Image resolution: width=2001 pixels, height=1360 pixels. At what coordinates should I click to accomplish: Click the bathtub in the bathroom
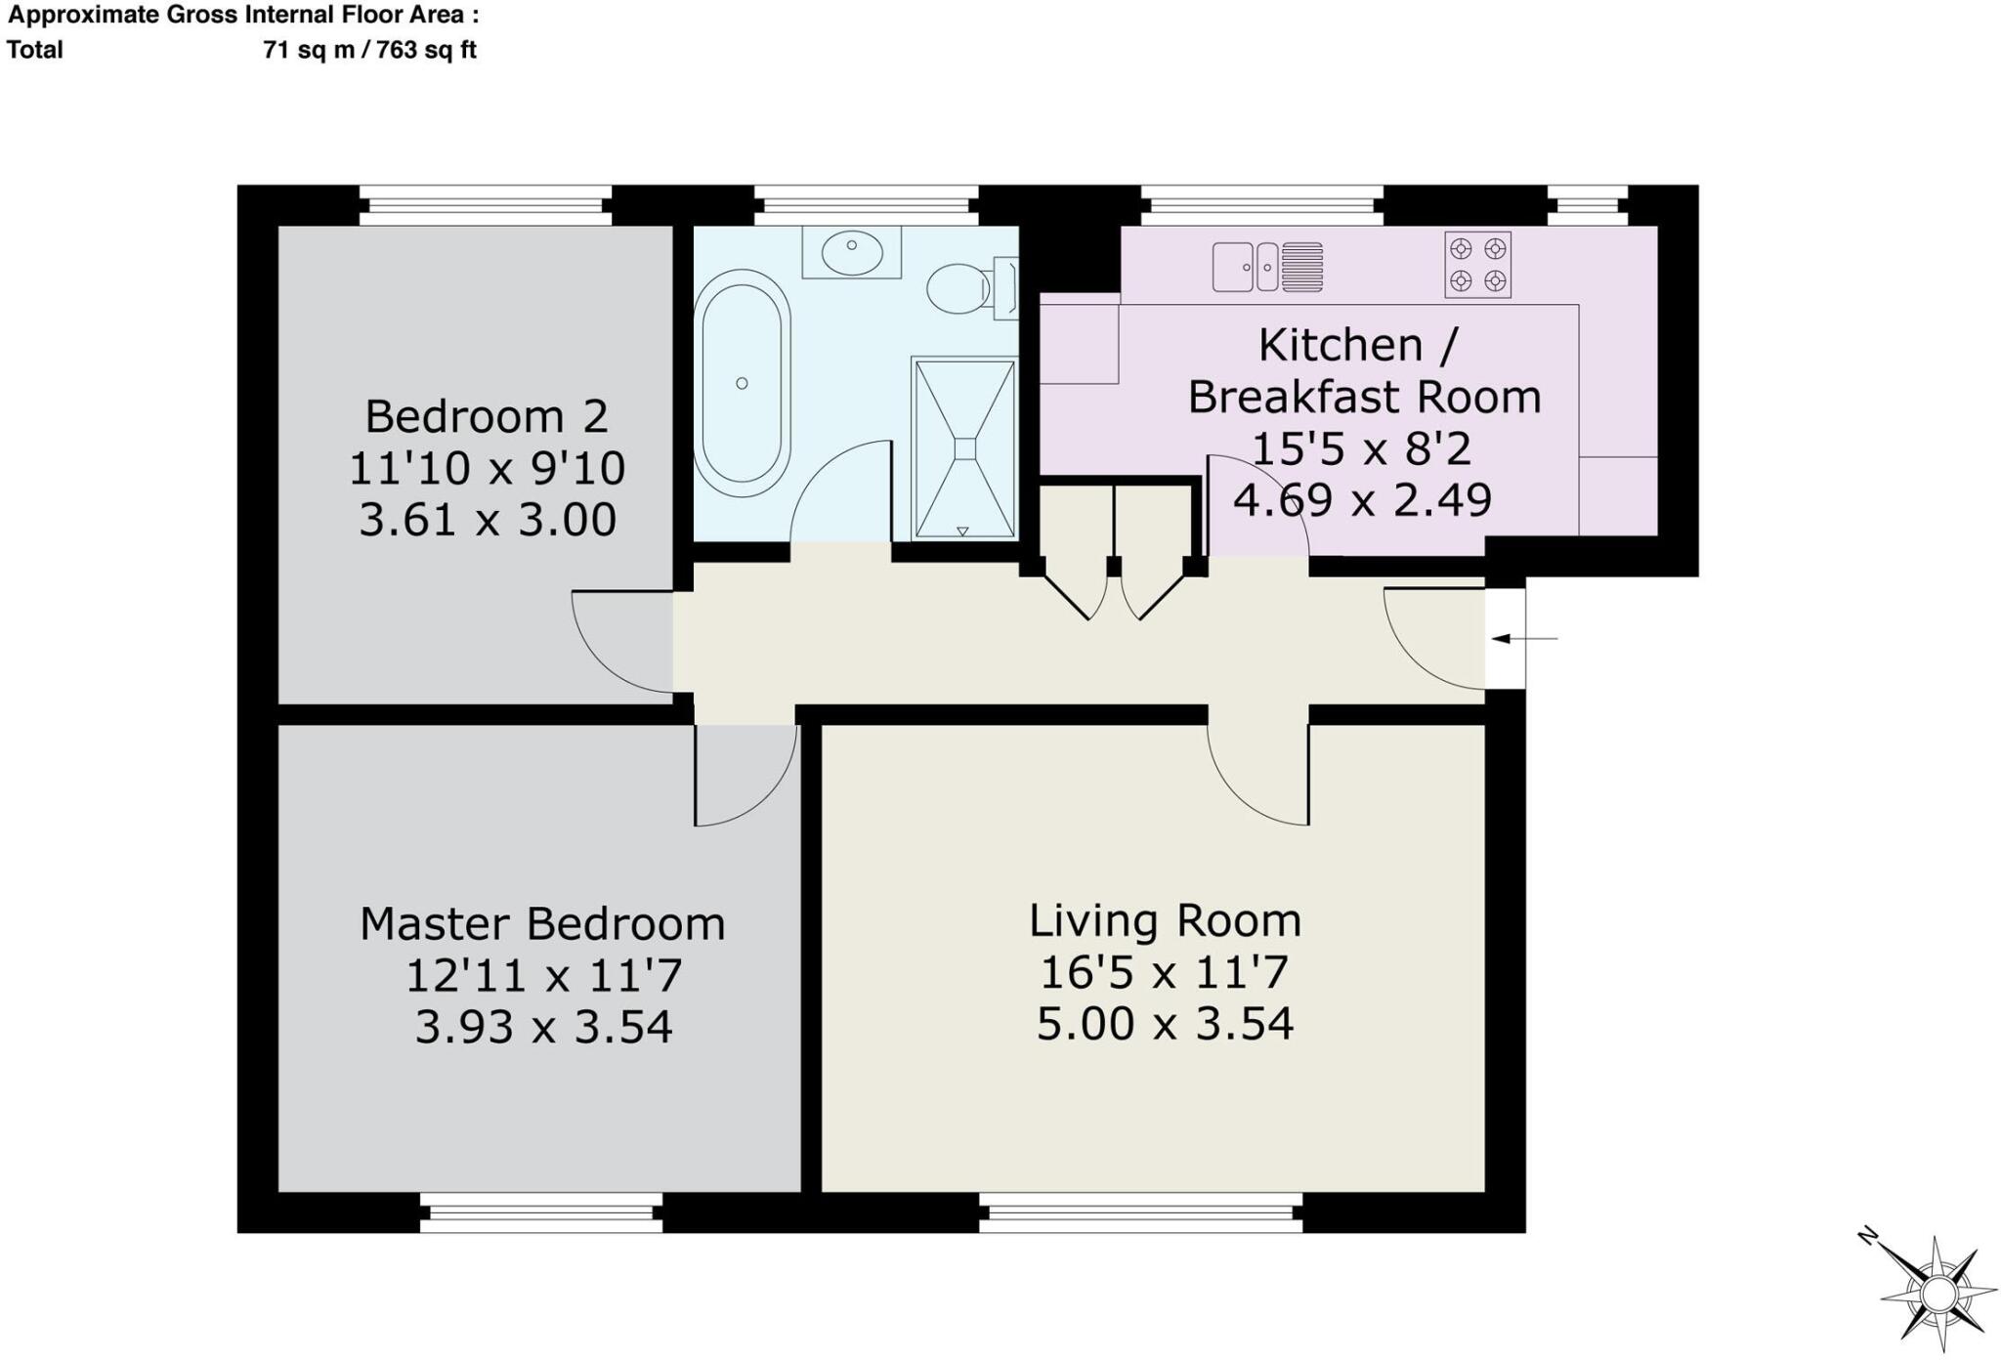click(742, 384)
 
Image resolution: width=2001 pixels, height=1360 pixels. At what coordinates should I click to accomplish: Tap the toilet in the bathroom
click(971, 288)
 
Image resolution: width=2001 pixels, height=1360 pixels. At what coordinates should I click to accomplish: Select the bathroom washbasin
click(852, 253)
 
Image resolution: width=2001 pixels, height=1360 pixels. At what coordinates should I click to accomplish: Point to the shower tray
click(964, 448)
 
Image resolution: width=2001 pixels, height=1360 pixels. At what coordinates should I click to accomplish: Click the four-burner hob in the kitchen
click(1477, 265)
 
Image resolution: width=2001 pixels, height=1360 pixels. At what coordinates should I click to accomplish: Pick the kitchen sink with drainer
click(1267, 267)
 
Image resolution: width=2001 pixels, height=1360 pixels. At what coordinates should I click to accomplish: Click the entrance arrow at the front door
click(1524, 639)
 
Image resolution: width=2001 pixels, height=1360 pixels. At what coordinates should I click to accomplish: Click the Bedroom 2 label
click(487, 417)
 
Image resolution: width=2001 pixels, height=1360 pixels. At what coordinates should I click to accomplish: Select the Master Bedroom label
click(542, 924)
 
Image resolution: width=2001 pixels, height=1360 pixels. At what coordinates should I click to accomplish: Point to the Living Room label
click(1165, 921)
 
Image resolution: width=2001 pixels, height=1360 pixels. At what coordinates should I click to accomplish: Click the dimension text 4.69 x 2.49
click(1362, 500)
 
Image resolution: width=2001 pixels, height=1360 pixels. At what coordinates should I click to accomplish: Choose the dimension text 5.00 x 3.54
click(1165, 1024)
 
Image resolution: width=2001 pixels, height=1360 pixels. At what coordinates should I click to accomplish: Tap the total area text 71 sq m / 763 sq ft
click(369, 50)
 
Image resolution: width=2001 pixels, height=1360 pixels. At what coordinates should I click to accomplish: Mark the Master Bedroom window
click(541, 1212)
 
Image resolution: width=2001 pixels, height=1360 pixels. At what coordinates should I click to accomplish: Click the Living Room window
click(1140, 1212)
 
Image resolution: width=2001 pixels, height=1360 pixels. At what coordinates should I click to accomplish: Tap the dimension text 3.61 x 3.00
click(488, 520)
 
